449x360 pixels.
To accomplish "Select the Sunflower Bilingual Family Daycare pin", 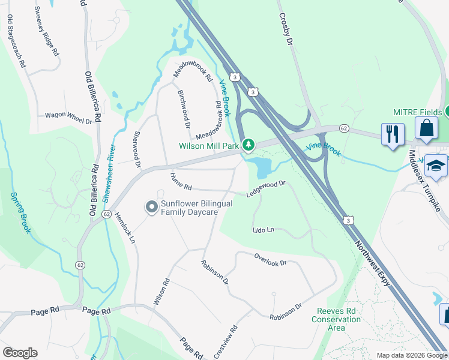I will click(152, 207).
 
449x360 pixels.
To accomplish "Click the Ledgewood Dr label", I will click(265, 189).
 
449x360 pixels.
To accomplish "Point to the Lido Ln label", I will click(263, 230).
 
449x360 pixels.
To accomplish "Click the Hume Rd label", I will click(180, 178).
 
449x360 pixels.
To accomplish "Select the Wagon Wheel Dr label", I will click(68, 118).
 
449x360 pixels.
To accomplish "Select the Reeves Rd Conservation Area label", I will click(336, 319).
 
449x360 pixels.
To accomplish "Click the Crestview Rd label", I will click(226, 341).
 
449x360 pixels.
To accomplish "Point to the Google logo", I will click(20, 353).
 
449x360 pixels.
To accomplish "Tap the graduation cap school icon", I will click(436, 165).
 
